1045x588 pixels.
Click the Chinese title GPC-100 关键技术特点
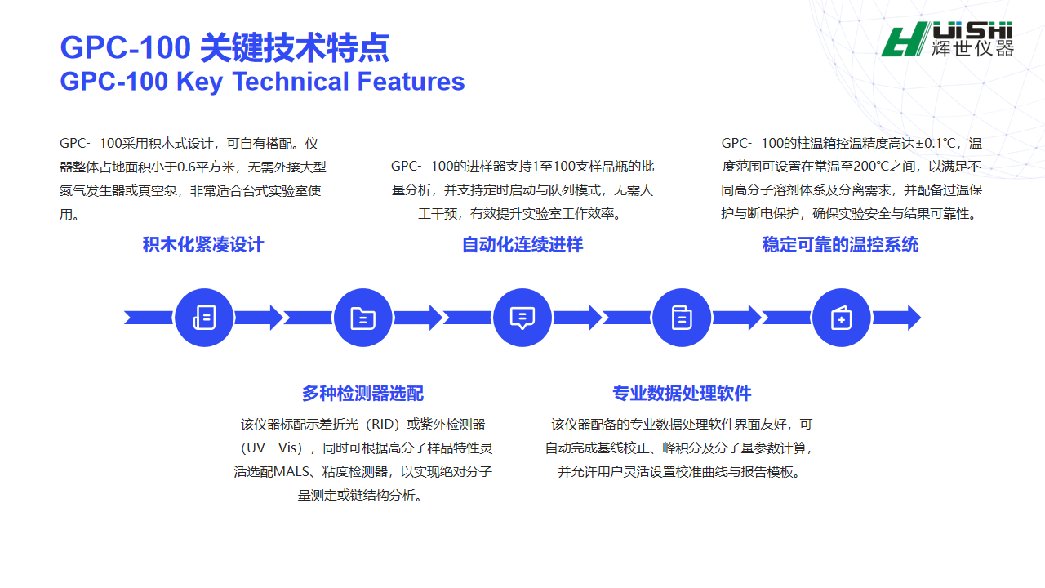pyautogui.click(x=225, y=48)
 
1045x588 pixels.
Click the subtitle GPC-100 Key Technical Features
pyautogui.click(x=262, y=82)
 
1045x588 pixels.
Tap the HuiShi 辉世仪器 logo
pyautogui.click(x=948, y=39)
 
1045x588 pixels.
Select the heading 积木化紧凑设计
pyautogui.click(x=203, y=245)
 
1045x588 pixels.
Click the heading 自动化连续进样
pyautogui.click(x=522, y=245)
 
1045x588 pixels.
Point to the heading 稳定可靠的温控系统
pyautogui.click(x=840, y=245)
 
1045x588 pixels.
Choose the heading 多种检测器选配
pyautogui.click(x=362, y=393)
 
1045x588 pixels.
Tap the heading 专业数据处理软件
pyautogui.click(x=682, y=393)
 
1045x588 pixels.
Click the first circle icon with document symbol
pyautogui.click(x=204, y=318)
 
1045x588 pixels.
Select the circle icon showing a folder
pyautogui.click(x=363, y=318)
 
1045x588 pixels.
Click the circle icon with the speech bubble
pyautogui.click(x=522, y=318)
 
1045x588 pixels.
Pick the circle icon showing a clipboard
pyautogui.click(x=682, y=318)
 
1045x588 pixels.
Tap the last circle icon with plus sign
pyautogui.click(x=841, y=318)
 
